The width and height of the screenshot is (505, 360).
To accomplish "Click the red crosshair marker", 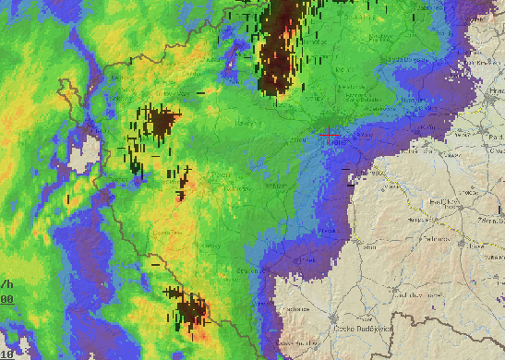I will click(329, 136).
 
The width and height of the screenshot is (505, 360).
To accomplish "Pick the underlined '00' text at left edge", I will click(6, 299).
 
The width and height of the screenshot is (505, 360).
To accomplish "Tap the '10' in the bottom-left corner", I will click(6, 354).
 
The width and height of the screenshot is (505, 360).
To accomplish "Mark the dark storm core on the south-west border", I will click(191, 311).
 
